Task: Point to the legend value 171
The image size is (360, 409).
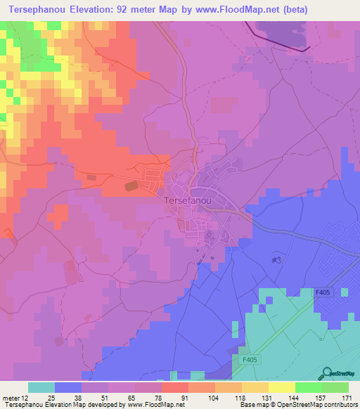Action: (x=347, y=398)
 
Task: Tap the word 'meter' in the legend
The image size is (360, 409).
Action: (x=11, y=398)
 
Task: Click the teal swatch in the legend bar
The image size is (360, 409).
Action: (x=41, y=387)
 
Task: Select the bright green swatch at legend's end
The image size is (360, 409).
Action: (x=335, y=387)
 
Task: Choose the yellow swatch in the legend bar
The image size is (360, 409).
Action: (x=282, y=387)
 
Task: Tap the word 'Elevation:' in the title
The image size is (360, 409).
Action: (x=94, y=10)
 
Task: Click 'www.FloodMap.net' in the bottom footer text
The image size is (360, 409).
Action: (x=150, y=405)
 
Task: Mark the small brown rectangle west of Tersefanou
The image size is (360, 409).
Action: (x=131, y=186)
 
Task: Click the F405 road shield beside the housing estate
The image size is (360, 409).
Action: (x=323, y=292)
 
